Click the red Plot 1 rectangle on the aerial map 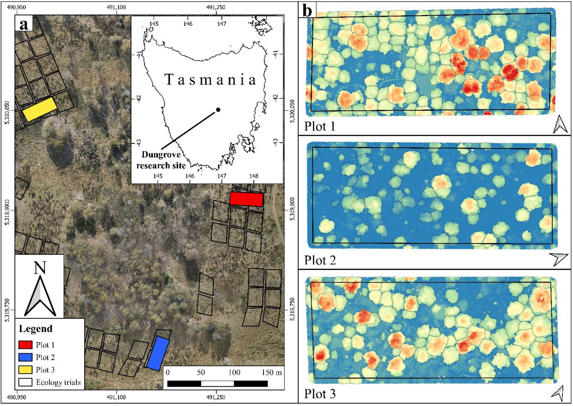246,199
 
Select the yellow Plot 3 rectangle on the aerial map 40,109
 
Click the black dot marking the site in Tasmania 218,109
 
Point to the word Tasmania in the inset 210,80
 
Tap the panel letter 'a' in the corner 24,24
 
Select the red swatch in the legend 25,345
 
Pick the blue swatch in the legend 25,357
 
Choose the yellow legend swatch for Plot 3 25,369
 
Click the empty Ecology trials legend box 25,382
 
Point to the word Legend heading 35,328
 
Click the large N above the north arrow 40,268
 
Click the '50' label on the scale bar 201,373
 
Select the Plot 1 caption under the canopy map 319,126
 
